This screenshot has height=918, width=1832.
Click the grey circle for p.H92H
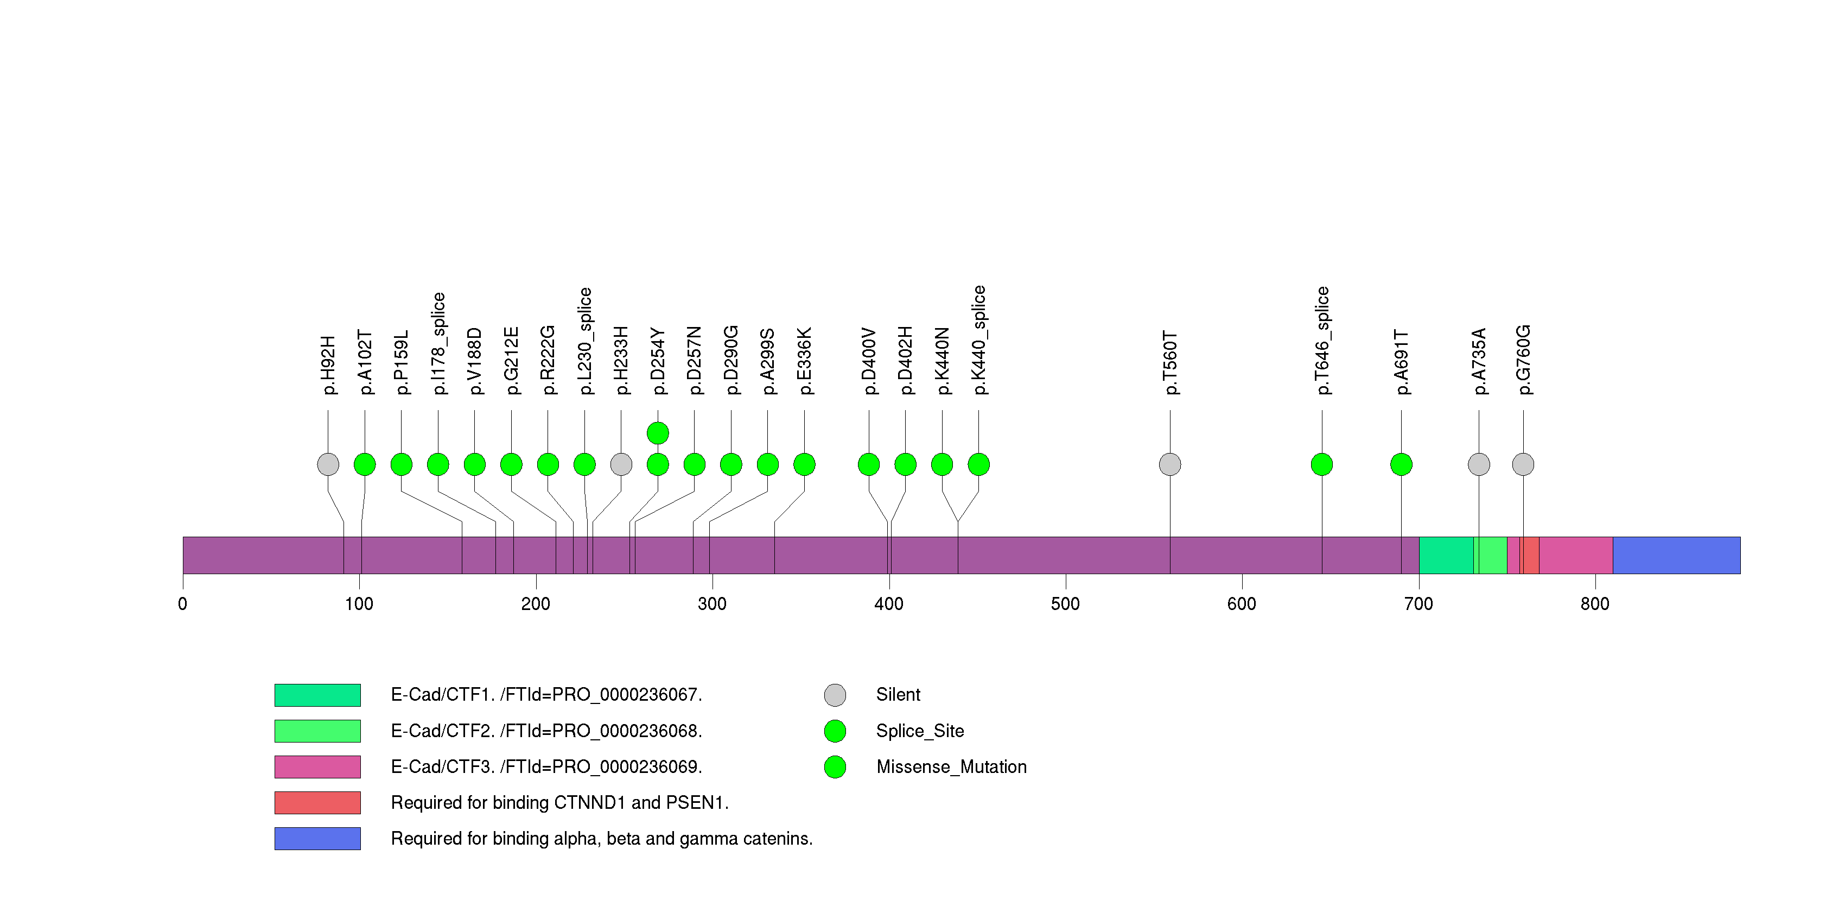(x=328, y=464)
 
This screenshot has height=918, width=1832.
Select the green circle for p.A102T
(x=365, y=464)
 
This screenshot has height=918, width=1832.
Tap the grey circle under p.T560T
(x=1170, y=464)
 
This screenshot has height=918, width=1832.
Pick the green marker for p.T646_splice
(x=1322, y=464)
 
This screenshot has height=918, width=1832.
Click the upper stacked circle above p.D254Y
(x=658, y=433)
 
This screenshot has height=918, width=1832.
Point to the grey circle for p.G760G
(x=1523, y=464)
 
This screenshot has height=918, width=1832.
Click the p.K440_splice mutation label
(x=979, y=340)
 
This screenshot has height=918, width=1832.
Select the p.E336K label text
(x=804, y=361)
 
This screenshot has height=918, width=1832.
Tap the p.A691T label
(x=1401, y=362)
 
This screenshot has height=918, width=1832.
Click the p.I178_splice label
(x=439, y=343)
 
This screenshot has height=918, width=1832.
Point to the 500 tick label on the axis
(x=1065, y=604)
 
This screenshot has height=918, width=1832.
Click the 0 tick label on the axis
(x=183, y=604)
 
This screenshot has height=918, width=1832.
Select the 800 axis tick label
(x=1595, y=604)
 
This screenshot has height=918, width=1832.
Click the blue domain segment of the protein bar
(x=1676, y=555)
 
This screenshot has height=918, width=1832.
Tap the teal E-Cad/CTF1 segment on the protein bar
(x=1446, y=555)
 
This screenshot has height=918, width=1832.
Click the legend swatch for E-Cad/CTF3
(x=317, y=766)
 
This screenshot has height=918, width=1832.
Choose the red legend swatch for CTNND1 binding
(x=317, y=803)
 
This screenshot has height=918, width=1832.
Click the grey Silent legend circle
(x=835, y=695)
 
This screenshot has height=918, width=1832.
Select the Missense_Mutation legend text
(x=952, y=766)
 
